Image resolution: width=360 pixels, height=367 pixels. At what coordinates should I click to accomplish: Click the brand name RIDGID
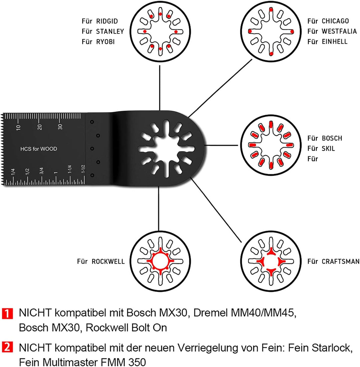(107, 21)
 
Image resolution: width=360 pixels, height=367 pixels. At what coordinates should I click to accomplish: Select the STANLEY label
(110, 31)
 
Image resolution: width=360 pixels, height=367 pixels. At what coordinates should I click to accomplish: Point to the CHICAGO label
(335, 21)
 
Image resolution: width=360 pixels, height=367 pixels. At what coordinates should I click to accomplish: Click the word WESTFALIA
(339, 31)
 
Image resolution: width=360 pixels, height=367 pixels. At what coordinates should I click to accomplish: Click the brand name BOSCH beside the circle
(332, 138)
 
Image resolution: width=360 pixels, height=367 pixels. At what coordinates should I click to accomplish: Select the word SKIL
(329, 149)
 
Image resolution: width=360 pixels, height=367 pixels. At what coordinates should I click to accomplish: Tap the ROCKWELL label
(108, 262)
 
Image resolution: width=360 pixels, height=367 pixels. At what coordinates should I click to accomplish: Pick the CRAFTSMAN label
(340, 262)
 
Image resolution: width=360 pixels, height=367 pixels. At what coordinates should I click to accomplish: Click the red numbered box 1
(9, 313)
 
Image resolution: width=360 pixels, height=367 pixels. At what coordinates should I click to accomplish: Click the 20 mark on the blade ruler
(39, 126)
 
